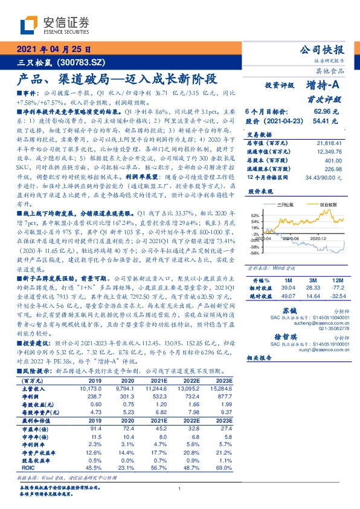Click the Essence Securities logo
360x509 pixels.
point(54,25)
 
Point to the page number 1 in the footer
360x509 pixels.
point(180,488)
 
